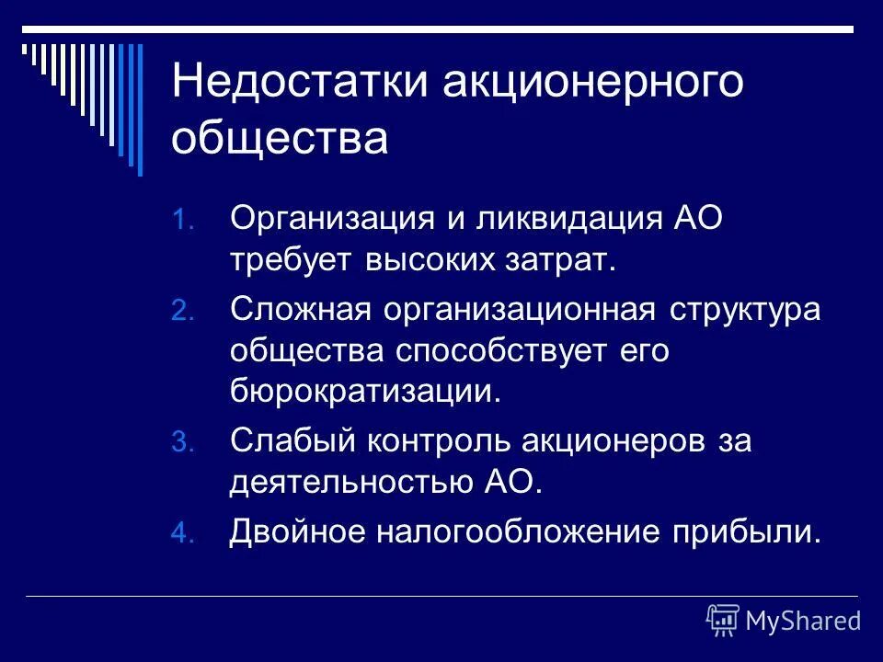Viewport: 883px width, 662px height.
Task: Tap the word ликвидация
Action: click(533, 221)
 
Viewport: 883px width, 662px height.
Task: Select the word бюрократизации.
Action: click(368, 394)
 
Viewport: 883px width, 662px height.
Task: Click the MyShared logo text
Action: click(803, 621)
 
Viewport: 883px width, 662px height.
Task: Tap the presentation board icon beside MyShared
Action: click(723, 621)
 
